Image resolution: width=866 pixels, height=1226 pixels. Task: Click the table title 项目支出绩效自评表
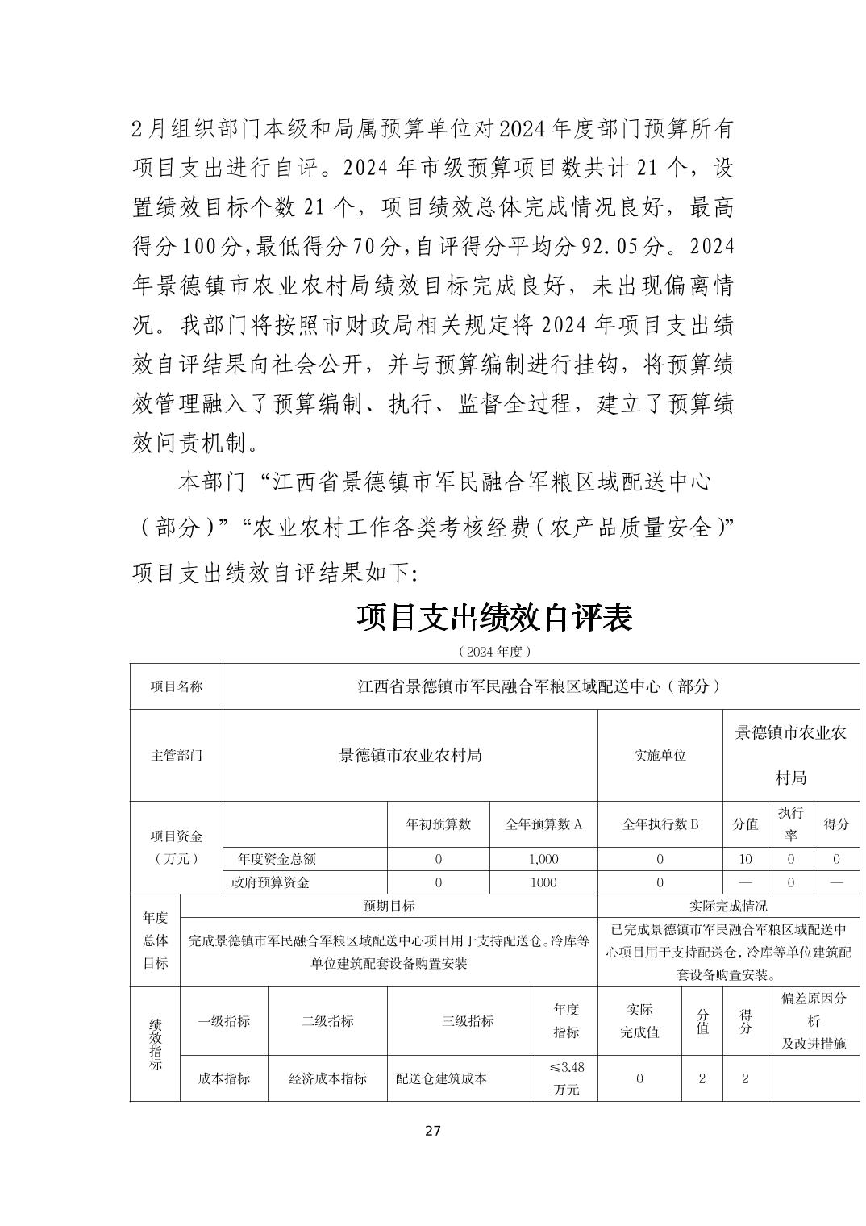(x=494, y=618)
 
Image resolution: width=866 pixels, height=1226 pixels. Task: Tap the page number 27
(x=433, y=1130)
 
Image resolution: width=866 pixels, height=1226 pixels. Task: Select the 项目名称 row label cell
(x=176, y=686)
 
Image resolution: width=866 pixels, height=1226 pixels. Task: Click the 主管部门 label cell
(x=176, y=756)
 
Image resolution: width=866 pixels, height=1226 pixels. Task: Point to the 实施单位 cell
(x=660, y=756)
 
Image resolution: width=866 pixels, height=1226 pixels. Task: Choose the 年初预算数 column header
(x=438, y=824)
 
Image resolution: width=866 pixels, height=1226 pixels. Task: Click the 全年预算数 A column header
(x=543, y=824)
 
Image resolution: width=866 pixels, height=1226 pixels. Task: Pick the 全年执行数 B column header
(x=660, y=824)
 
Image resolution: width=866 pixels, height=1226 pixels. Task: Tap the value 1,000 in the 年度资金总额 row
(x=543, y=859)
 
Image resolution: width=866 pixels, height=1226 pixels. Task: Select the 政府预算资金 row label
(x=270, y=882)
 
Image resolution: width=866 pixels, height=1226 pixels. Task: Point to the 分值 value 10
(x=745, y=859)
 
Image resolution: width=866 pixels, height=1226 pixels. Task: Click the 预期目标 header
(x=389, y=906)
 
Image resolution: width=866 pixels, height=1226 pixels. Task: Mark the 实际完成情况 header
(x=728, y=906)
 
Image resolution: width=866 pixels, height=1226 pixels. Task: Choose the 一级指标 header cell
(x=224, y=1021)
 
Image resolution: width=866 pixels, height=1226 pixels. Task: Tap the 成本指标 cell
(x=224, y=1078)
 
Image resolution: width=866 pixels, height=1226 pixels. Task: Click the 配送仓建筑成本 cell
(x=441, y=1078)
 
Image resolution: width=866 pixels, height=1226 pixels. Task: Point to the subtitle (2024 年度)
(x=494, y=650)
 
